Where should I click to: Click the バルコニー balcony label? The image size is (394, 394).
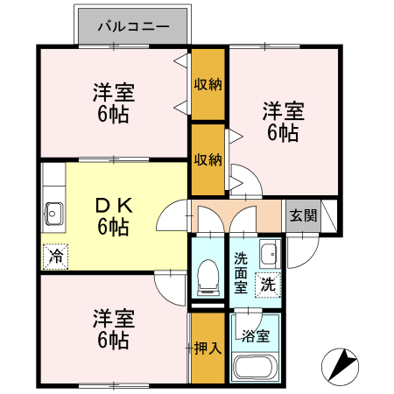pos(133,26)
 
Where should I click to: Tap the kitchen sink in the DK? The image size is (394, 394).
pos(53,214)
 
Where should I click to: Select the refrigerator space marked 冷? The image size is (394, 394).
pos(55,257)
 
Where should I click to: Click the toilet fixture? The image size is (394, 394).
pos(208,278)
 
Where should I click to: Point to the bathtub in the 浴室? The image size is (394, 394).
pos(256,367)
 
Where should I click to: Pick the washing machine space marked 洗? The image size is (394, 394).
pos(268,285)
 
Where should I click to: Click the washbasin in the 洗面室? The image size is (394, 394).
pos(270,254)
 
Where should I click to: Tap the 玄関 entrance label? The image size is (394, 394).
pos(303,216)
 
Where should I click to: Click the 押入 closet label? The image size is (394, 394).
pos(208,348)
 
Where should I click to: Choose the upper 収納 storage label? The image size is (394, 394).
pos(208,84)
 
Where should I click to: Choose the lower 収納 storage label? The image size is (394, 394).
pos(208,159)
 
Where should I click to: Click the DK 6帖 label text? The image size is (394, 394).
pos(114,216)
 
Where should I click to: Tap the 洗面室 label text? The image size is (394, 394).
pos(241,272)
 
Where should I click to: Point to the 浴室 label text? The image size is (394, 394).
pos(256,336)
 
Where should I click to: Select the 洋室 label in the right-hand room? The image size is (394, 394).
pos(284,111)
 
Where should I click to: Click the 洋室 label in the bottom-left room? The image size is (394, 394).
pos(114,319)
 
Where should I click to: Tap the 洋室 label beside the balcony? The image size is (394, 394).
pos(114,93)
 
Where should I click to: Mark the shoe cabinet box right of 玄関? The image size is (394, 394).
pos(328,216)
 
